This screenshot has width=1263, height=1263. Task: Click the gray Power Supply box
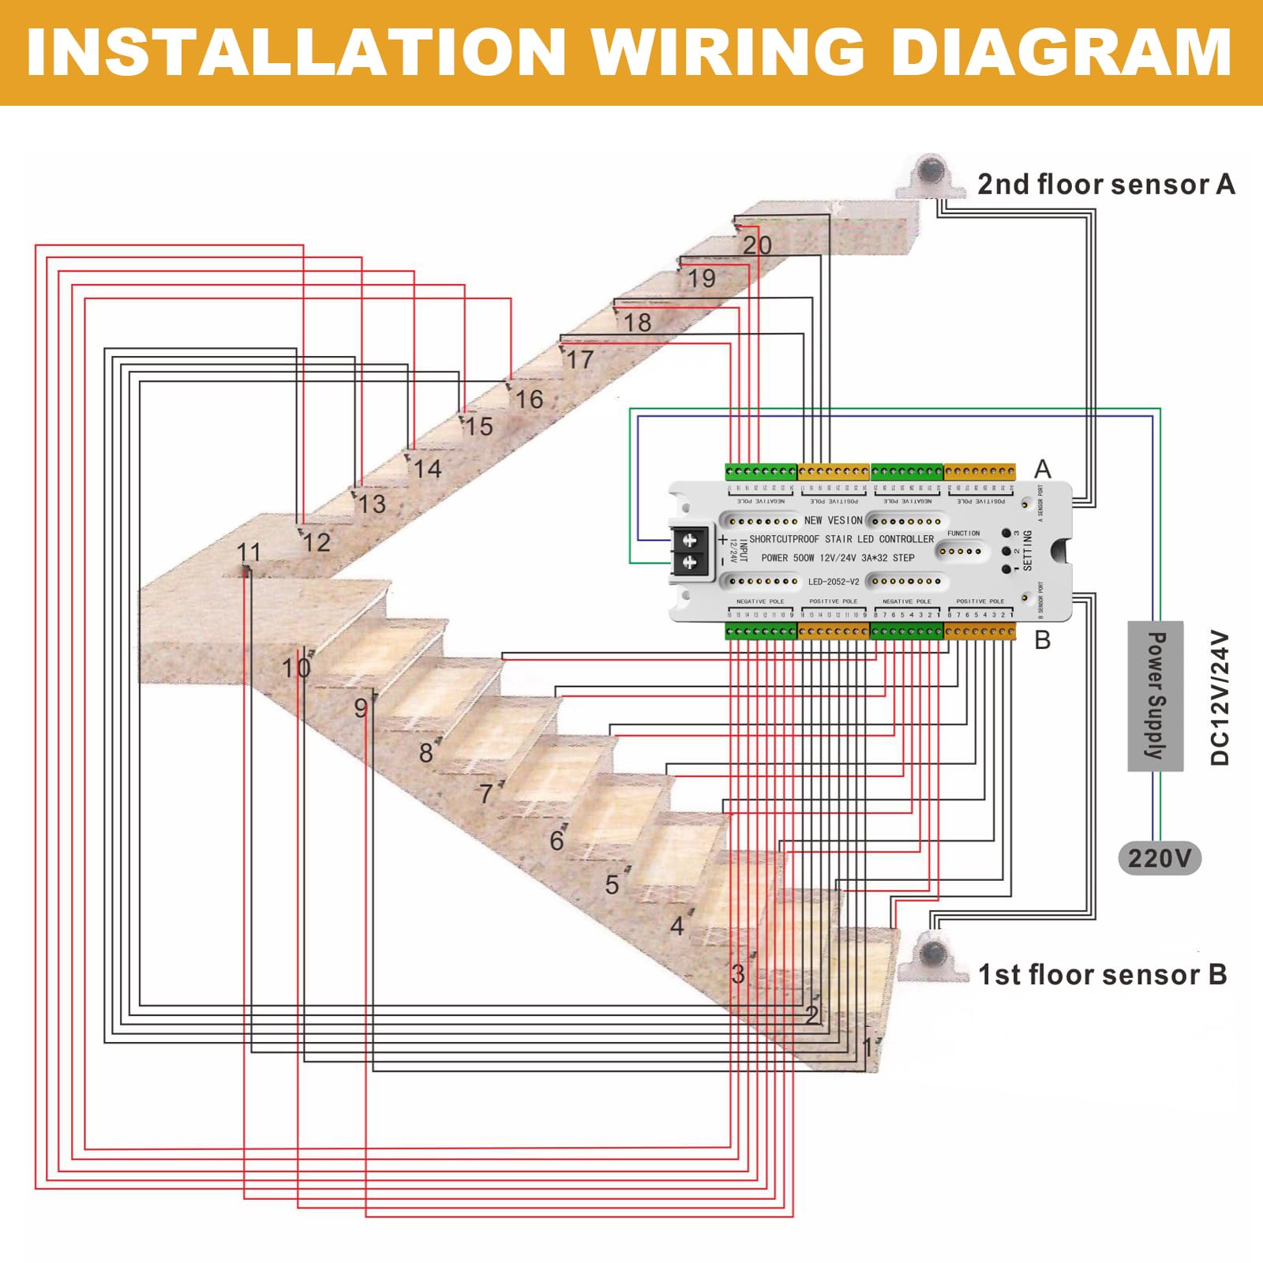[1155, 695]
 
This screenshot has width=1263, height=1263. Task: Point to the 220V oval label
[1160, 858]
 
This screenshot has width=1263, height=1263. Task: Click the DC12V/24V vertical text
[1220, 698]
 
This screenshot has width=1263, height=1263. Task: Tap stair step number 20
[756, 245]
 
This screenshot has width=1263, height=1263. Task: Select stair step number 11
[249, 552]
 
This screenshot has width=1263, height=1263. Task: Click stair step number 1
[868, 1048]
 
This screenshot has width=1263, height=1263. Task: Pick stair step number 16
[529, 399]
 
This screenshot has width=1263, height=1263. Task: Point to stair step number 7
[486, 793]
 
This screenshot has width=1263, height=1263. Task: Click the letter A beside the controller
[1043, 469]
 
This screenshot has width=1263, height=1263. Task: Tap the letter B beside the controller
[1043, 640]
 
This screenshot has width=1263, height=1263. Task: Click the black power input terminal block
[689, 550]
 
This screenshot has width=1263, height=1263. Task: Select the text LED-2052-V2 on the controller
[833, 582]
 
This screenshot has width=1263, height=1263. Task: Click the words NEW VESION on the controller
[833, 520]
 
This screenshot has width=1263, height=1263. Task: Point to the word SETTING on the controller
[1027, 550]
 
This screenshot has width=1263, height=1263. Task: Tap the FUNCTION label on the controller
[963, 534]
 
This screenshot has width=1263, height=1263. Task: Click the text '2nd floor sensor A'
[1105, 185]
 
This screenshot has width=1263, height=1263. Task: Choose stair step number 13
[372, 504]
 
